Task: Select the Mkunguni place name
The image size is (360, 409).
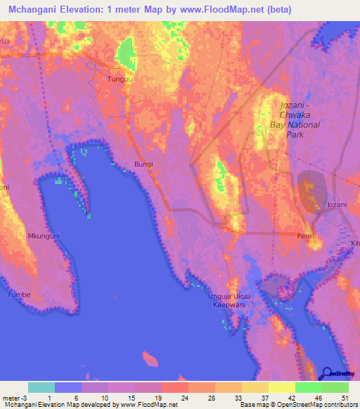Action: [43, 236]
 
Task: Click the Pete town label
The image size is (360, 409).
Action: [304, 235]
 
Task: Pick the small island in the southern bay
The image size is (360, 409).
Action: [150, 361]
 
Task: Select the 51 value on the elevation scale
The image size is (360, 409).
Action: [344, 398]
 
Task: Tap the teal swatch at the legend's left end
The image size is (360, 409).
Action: [41, 387]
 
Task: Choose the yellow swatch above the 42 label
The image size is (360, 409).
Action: [281, 387]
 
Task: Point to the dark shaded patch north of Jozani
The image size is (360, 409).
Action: [311, 190]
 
